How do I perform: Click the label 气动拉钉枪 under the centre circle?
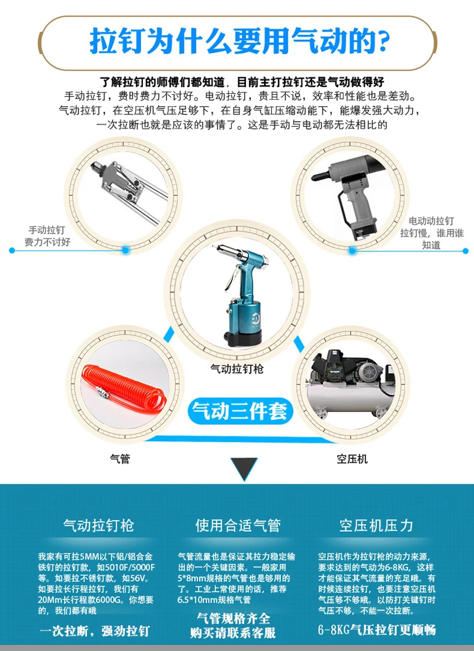click(237, 369)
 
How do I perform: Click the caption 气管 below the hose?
click(120, 458)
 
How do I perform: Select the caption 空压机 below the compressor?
click(353, 458)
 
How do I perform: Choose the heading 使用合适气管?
click(238, 525)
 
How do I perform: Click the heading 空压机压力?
click(376, 525)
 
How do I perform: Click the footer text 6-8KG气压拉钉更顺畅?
click(377, 629)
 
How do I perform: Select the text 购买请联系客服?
click(233, 633)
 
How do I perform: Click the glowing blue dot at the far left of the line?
click(12, 250)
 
